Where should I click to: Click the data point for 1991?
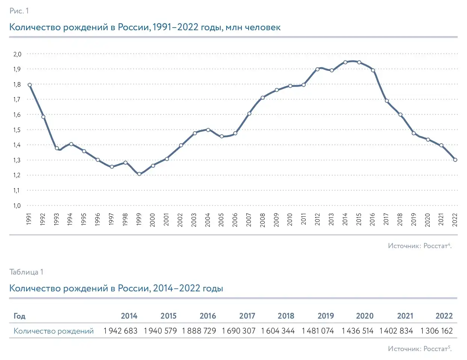(29, 85)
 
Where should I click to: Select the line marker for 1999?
(139, 174)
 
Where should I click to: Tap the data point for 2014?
(345, 62)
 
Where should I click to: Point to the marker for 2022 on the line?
(455, 160)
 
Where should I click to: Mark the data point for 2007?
(249, 113)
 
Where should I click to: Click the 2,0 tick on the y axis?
(17, 54)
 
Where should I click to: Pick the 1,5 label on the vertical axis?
(17, 130)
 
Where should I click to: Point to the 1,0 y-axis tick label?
(17, 206)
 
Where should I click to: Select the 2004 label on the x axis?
(208, 220)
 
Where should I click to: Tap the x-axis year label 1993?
(56, 220)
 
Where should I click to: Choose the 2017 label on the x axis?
(386, 220)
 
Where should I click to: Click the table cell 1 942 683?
(120, 331)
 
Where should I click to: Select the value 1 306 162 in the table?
(436, 331)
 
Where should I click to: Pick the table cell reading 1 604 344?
(278, 331)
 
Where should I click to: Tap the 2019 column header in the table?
(326, 316)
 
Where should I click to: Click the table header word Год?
(19, 316)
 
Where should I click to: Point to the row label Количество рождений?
(53, 331)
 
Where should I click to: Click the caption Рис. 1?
(19, 11)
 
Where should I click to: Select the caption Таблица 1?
(26, 272)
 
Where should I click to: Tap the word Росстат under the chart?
(435, 246)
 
